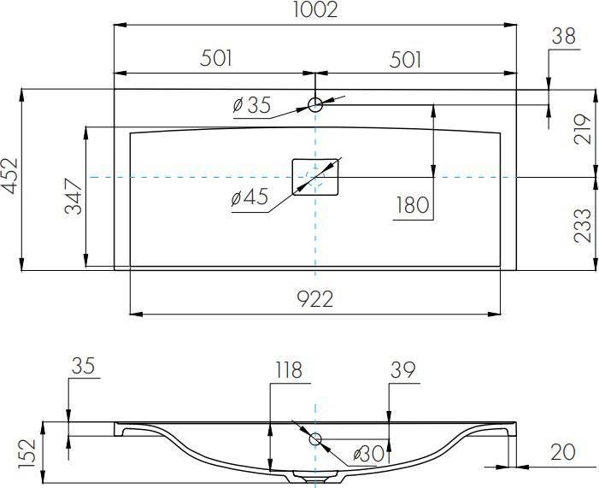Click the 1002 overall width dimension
(315, 10)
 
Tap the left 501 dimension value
(216, 58)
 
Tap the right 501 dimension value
(405, 60)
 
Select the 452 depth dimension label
(9, 175)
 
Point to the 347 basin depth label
(73, 196)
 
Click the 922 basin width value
(315, 299)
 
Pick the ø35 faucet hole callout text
(252, 105)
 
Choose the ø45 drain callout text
(250, 197)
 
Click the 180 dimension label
(413, 205)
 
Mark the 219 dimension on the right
(583, 128)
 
